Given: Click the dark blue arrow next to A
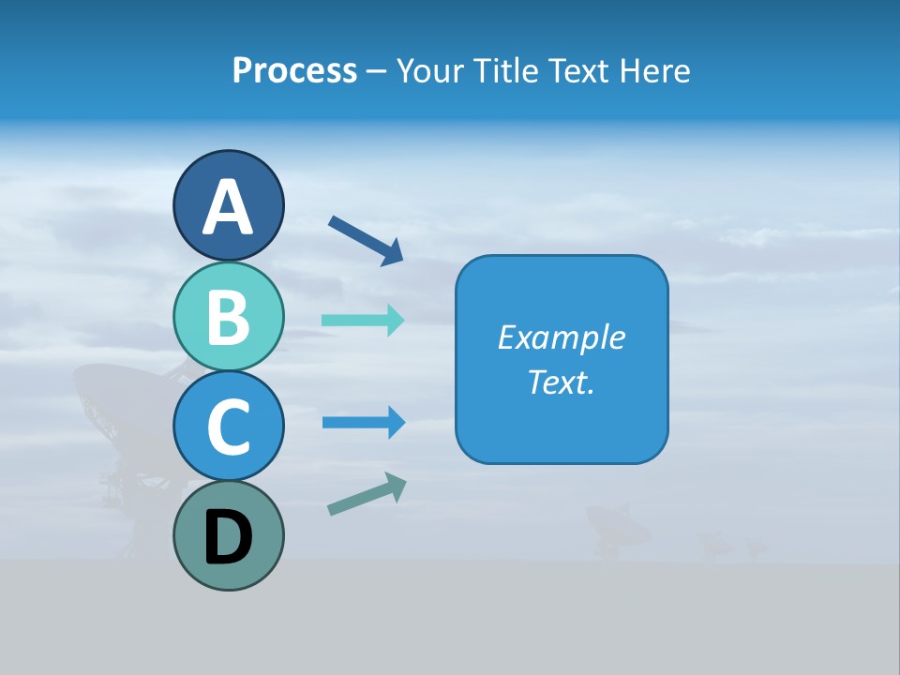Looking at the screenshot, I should [366, 240].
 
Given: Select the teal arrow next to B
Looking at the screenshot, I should [363, 320].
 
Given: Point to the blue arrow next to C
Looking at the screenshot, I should [363, 423].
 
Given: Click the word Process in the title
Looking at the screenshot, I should [294, 70].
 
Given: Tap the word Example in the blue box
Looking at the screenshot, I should [562, 337].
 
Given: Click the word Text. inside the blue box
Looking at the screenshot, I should [562, 382].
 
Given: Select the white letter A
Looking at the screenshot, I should [228, 208].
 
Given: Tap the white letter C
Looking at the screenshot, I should [228, 427].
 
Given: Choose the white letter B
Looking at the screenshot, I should [228, 317].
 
